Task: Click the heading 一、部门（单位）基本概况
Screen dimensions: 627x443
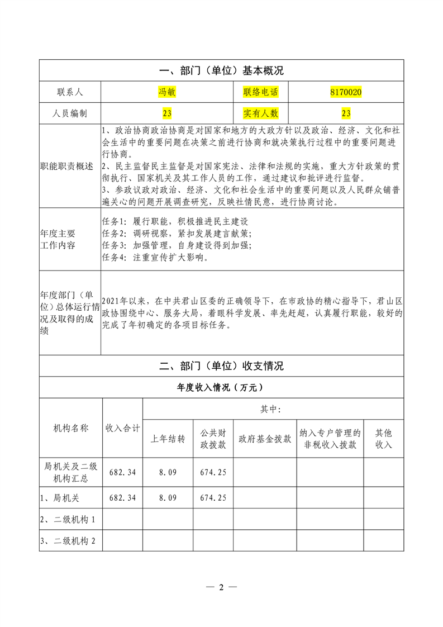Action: point(221,71)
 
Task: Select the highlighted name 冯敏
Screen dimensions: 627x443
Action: point(167,92)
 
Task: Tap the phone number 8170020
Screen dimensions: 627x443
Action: point(346,92)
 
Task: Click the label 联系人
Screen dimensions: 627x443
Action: point(70,92)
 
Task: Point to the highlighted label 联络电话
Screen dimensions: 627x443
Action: point(260,92)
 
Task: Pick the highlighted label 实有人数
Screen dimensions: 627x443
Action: point(260,113)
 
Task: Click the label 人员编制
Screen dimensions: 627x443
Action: point(70,113)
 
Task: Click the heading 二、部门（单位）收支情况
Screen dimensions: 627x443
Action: point(221,367)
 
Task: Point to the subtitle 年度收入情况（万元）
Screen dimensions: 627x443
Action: point(221,387)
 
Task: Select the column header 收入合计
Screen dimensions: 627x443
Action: point(123,428)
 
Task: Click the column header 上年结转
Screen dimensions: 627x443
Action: point(168,439)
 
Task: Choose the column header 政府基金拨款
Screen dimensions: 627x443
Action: point(265,439)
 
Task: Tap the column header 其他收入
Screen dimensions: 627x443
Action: point(384,439)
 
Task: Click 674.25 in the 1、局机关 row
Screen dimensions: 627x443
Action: point(213,497)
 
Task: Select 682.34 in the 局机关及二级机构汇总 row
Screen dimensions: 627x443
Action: point(123,472)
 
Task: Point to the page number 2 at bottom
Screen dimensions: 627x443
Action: point(221,587)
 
